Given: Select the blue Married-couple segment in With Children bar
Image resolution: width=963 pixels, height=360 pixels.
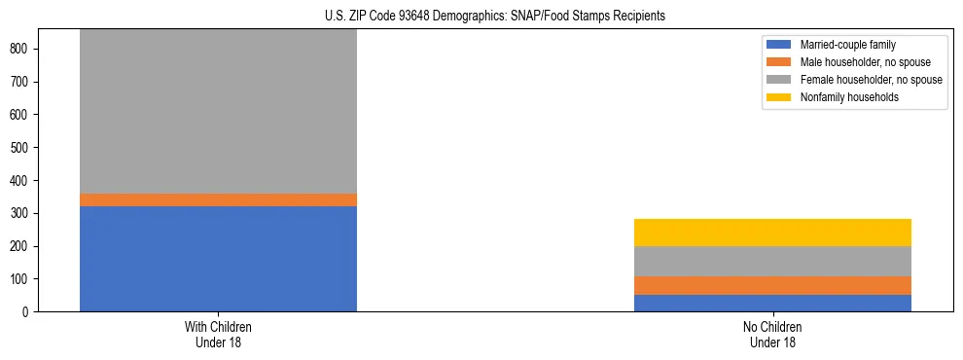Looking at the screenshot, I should pyautogui.click(x=218, y=259).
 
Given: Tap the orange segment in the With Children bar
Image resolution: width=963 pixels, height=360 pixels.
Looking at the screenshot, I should pyautogui.click(x=218, y=199).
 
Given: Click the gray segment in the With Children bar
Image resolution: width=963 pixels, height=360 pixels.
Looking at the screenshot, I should pyautogui.click(x=218, y=111).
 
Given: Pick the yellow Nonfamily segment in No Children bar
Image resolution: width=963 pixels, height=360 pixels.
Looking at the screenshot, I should pyautogui.click(x=772, y=233).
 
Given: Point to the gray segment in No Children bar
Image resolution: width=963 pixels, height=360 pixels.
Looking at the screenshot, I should pyautogui.click(x=772, y=261).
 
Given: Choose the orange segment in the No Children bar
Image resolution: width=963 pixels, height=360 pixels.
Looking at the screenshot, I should pyautogui.click(x=772, y=285).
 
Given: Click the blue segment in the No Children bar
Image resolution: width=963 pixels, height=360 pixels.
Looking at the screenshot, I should pyautogui.click(x=772, y=303).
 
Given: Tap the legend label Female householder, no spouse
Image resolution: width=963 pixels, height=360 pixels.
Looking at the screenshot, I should pyautogui.click(x=871, y=80).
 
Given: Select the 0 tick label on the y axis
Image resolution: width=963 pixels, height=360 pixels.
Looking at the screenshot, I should pyautogui.click(x=29, y=312).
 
